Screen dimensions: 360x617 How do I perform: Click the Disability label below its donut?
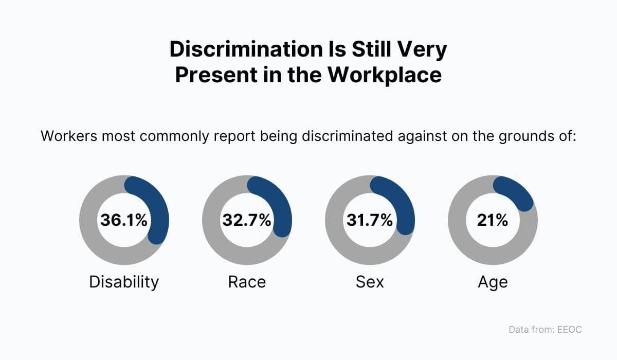point(124,282)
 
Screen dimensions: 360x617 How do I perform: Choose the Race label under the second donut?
point(247,282)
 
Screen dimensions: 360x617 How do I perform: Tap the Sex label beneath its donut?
point(370,282)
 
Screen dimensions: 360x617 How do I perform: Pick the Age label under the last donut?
point(493,282)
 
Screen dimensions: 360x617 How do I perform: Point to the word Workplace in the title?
point(385,75)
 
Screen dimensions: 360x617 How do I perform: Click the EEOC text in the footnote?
point(569,329)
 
